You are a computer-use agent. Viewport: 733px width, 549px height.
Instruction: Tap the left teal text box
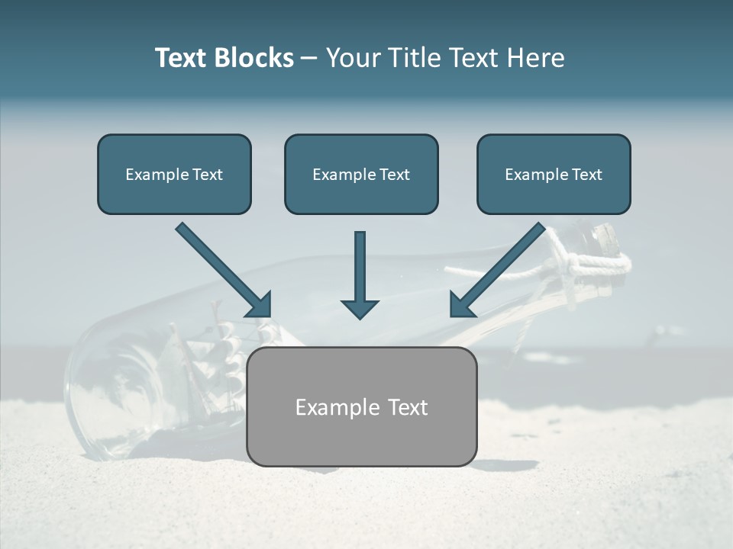click(174, 174)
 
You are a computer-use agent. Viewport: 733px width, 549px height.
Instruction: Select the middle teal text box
click(361, 174)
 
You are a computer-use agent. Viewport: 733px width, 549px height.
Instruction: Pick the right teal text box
click(554, 174)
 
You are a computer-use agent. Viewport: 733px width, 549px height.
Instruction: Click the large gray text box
click(361, 406)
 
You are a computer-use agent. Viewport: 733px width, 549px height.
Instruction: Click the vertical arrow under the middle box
click(360, 267)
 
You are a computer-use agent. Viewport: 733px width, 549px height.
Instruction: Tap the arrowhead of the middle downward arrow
click(360, 308)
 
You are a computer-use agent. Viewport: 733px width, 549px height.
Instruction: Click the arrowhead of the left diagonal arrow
click(260, 304)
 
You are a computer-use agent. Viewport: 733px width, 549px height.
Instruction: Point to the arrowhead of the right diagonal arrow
click(461, 304)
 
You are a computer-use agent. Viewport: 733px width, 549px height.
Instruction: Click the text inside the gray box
click(361, 407)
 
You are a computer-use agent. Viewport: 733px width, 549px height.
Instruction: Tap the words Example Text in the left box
click(174, 175)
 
